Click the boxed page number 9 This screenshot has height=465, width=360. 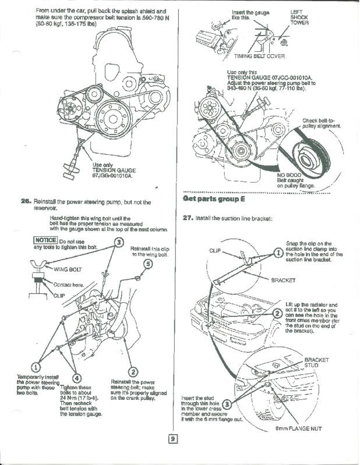click(x=173, y=439)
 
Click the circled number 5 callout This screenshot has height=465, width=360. click(x=147, y=264)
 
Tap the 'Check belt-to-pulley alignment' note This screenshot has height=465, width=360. click(x=322, y=123)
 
